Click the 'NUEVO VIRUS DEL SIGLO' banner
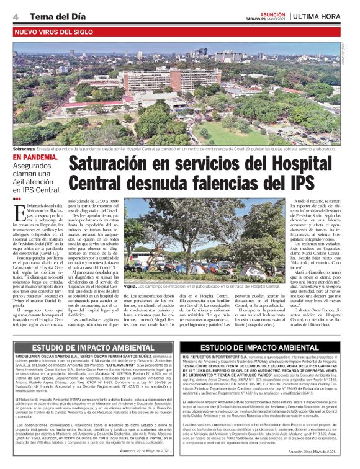[55, 30]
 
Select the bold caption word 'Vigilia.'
[129, 270]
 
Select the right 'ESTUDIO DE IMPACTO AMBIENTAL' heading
[268, 348]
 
